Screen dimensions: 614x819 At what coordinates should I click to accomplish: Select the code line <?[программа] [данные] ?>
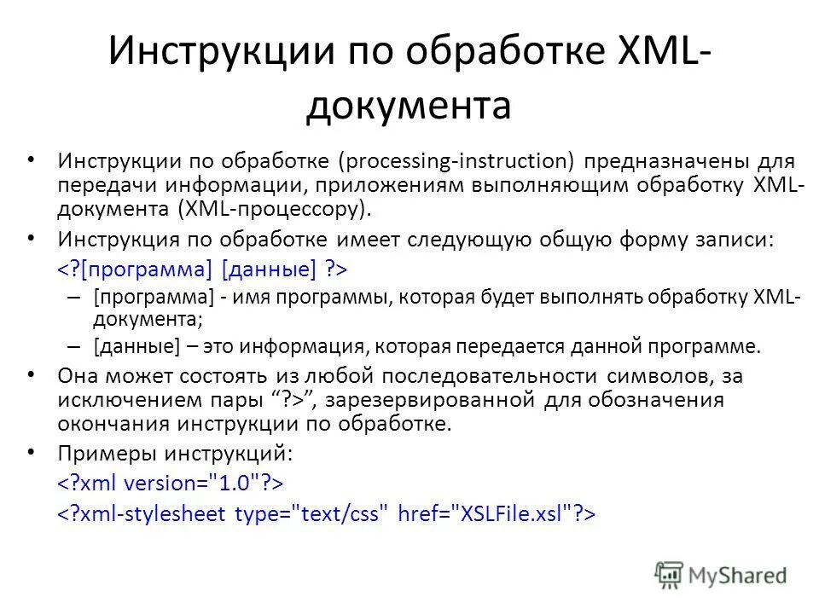click(203, 269)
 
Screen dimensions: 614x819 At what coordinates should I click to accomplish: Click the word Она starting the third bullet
click(79, 375)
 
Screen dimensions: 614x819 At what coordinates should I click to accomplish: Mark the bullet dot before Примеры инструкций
click(32, 451)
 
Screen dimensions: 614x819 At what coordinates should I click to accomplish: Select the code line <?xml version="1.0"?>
click(170, 483)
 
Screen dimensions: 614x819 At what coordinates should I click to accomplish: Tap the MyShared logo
click(721, 574)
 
